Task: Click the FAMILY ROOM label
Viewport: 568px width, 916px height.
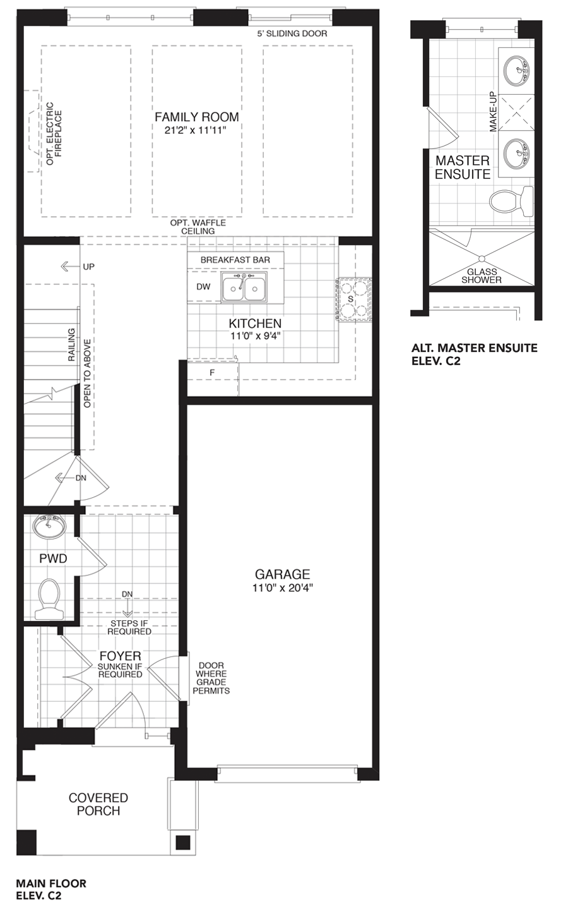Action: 196,117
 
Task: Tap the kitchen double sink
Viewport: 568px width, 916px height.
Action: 244,287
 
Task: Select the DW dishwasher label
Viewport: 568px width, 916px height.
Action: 203,287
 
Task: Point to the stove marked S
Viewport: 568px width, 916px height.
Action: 354,299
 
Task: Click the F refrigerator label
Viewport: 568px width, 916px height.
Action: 212,373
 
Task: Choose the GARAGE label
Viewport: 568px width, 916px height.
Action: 282,574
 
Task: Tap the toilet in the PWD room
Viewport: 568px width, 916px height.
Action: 49,598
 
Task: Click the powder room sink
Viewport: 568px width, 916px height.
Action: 49,527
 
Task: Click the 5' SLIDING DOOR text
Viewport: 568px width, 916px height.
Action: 292,33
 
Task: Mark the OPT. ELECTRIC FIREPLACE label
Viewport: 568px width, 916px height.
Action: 54,138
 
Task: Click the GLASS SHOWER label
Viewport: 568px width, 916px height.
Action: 482,275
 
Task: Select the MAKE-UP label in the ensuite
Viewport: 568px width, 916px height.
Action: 493,111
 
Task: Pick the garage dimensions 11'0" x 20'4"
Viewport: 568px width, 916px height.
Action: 282,588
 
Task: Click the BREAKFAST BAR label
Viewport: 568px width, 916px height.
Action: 235,260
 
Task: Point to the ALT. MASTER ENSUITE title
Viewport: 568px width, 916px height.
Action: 475,348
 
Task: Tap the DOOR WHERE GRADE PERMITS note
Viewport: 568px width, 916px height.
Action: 211,678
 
